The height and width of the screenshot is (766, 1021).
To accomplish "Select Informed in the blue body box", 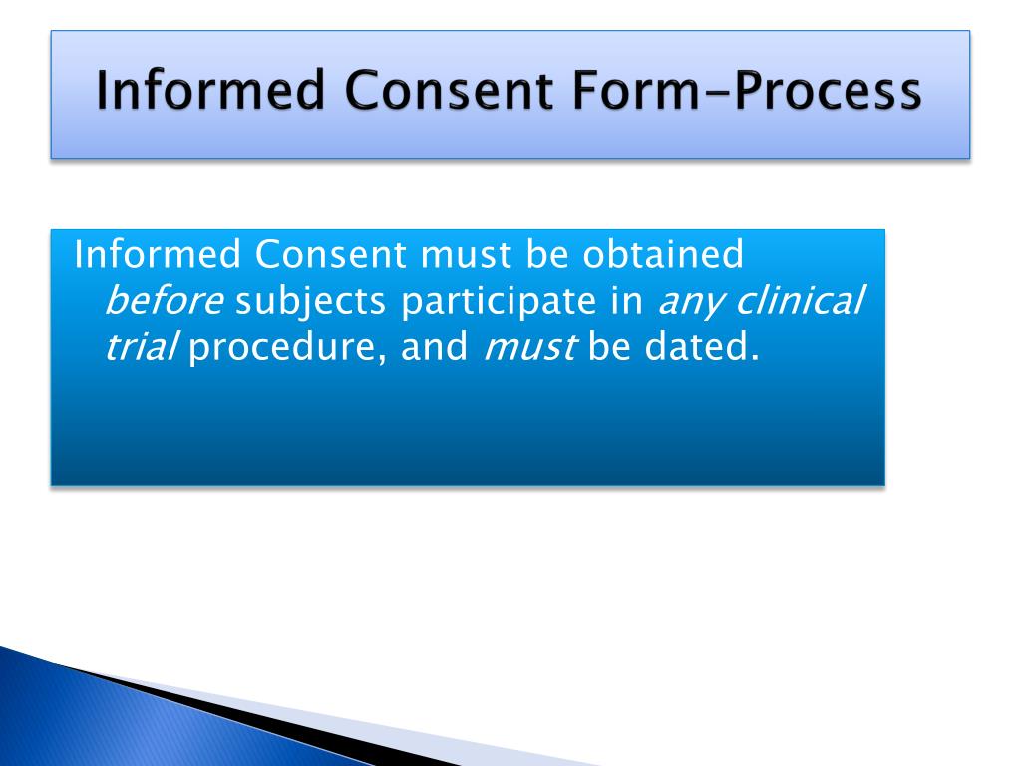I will click(x=158, y=256).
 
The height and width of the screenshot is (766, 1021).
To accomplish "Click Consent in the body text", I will click(x=330, y=256).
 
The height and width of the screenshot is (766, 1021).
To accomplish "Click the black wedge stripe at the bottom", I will click(x=249, y=712).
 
